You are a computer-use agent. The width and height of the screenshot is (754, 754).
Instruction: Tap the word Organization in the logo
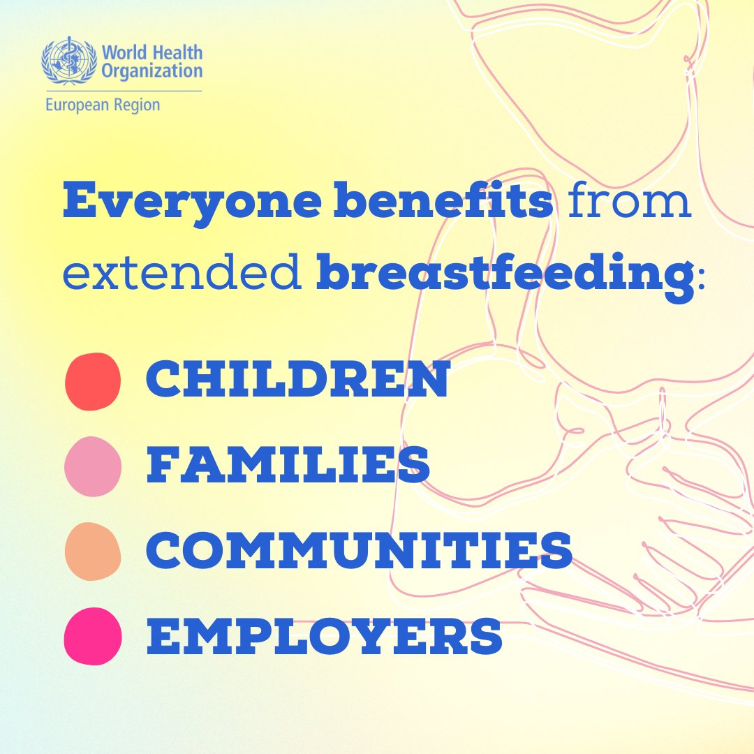[x=151, y=71]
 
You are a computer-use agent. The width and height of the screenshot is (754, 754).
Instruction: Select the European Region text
[x=103, y=105]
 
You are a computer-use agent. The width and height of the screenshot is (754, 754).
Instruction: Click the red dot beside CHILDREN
[x=92, y=381]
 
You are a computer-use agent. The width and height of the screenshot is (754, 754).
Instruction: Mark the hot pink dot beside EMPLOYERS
[x=92, y=636]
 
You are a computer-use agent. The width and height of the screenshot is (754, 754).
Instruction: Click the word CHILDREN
[x=297, y=381]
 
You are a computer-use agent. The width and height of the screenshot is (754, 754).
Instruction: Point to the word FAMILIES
[x=288, y=466]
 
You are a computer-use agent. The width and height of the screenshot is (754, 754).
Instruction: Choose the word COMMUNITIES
[x=359, y=552]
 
